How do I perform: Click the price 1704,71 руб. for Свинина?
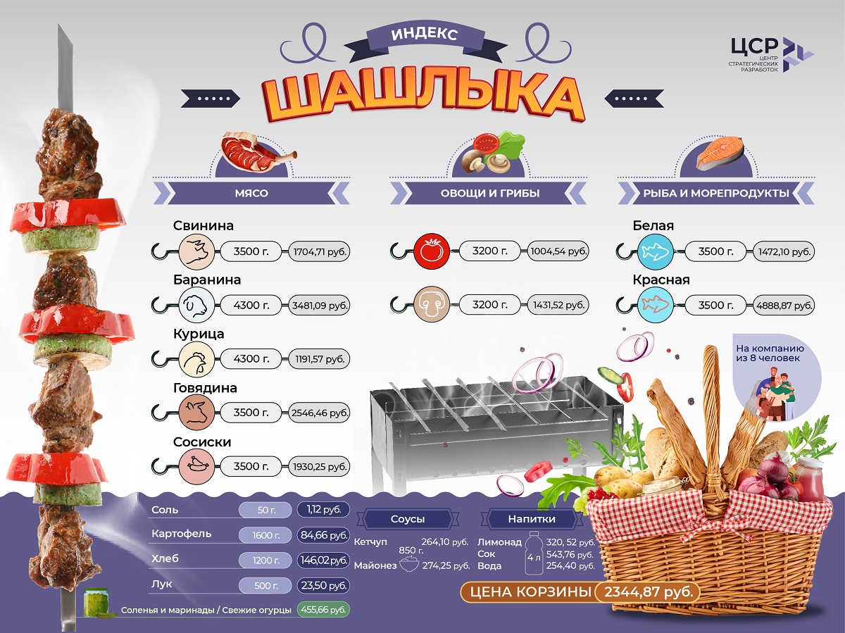320,251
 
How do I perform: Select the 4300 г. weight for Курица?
251,359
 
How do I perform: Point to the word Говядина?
205,388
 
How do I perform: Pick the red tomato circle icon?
432,251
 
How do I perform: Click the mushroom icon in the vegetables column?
432,305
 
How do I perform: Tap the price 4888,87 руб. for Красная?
784,306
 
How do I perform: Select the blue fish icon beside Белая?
655,251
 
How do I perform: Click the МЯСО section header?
251,193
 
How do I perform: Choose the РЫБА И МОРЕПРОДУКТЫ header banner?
715,193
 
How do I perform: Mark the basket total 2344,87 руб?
647,591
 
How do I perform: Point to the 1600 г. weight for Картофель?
265,536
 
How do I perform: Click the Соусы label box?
408,520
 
